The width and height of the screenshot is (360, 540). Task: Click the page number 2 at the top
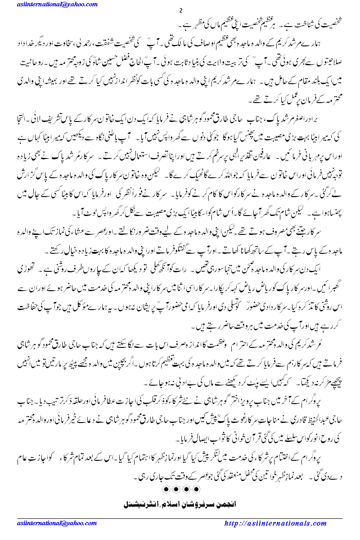coord(180,11)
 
